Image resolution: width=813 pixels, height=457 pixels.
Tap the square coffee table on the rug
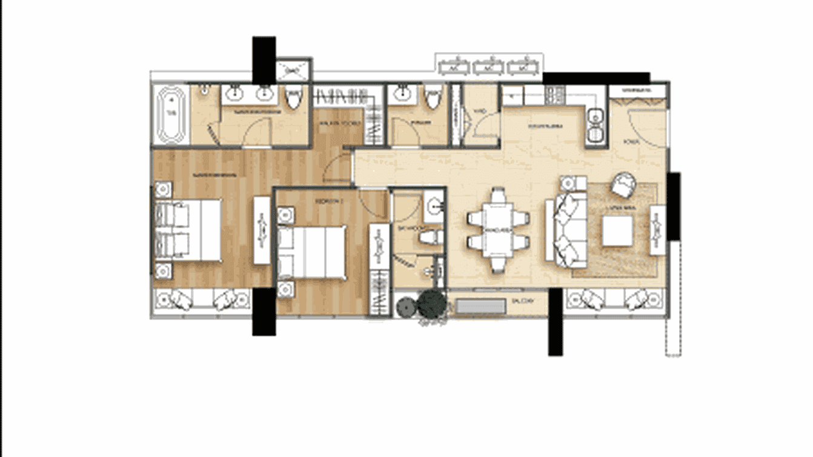tap(617, 230)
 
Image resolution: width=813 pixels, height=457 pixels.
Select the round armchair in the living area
tap(623, 184)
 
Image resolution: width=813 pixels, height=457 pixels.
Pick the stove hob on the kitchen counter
tap(556, 93)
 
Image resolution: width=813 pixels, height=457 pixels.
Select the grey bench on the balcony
tap(480, 307)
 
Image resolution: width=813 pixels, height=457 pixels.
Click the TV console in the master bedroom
tap(262, 230)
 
